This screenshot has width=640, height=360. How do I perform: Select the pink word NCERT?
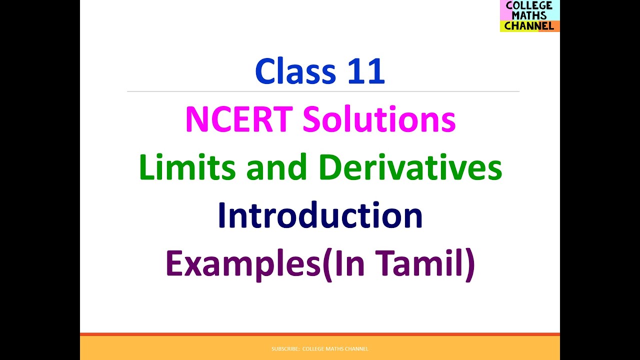(238, 120)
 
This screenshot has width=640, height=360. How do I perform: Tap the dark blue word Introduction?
(320, 215)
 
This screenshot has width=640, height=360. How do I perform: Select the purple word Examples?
(243, 264)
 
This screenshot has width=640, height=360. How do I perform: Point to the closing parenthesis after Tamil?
(469, 265)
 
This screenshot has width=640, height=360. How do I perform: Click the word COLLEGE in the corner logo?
(529, 5)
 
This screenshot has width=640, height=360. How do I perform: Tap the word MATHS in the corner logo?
(529, 15)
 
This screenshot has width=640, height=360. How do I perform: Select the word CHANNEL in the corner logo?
(529, 26)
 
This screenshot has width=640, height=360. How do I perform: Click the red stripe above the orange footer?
(320, 334)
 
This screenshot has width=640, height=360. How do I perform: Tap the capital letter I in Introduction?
(221, 215)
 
